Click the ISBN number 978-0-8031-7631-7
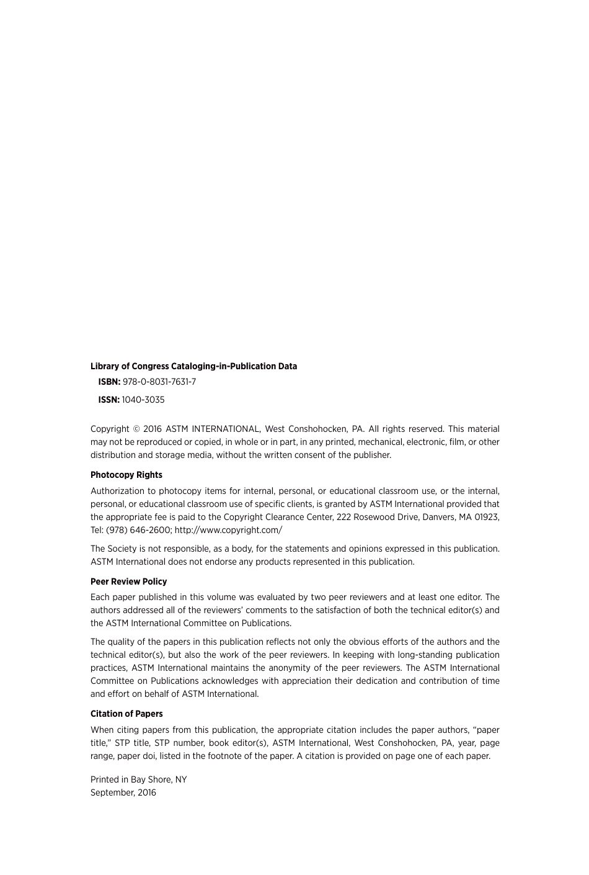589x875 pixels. tap(159, 382)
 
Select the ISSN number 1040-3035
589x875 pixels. tap(143, 400)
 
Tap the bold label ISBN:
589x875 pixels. tap(109, 382)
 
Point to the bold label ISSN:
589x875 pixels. tap(108, 400)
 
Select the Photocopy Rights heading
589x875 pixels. tap(126, 475)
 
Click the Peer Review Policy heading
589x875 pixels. tap(128, 582)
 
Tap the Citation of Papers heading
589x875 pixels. tap(126, 714)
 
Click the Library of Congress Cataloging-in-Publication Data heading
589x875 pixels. tap(193, 367)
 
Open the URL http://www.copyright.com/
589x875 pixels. tap(228, 531)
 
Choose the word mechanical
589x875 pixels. tap(381, 442)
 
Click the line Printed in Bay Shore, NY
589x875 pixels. tap(138, 780)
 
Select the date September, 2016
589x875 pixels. tap(123, 793)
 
